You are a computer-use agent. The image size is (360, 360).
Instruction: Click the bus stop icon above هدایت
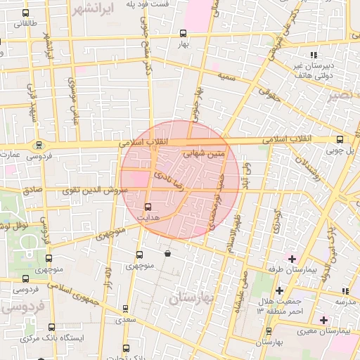148,207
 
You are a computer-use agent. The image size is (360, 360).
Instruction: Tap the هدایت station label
148,218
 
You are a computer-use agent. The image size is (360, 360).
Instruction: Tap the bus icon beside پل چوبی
340,139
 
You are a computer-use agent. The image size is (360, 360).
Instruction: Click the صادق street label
32,191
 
